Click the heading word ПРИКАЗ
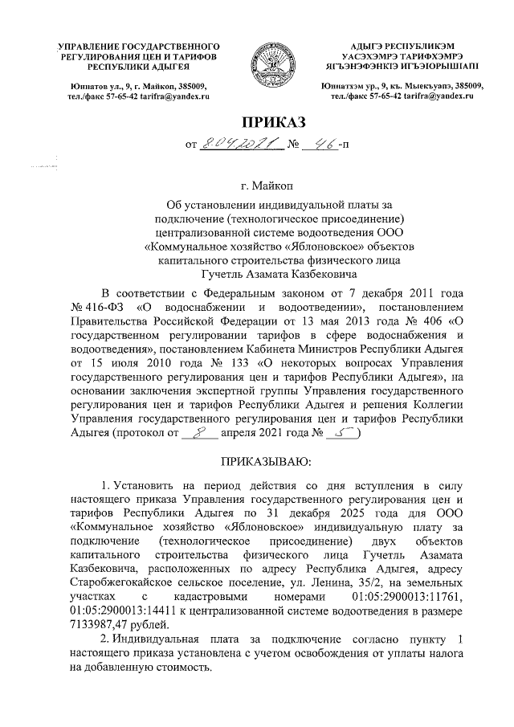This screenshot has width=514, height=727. click(x=275, y=122)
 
